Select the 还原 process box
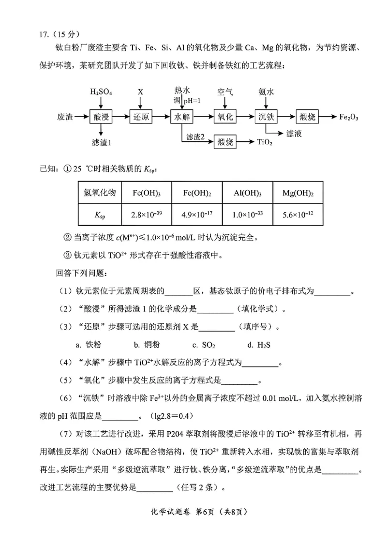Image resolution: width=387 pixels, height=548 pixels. (140, 117)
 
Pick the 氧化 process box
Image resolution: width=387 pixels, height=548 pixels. (225, 117)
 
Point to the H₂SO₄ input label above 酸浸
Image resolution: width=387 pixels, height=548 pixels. (101, 91)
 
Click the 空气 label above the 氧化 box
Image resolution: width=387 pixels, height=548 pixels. (225, 91)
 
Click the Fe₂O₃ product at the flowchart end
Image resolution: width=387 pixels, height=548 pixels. (352, 117)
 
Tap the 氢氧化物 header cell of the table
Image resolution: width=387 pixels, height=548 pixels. (100, 193)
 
